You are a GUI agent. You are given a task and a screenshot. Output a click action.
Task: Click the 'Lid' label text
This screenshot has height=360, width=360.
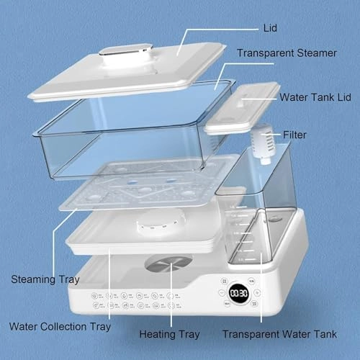click(270, 28)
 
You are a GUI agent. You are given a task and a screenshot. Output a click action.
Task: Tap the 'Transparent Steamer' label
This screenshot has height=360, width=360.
click(287, 53)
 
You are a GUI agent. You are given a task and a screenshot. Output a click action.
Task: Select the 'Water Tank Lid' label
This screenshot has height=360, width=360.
click(315, 97)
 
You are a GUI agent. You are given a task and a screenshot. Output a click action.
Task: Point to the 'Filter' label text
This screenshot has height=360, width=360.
click(294, 135)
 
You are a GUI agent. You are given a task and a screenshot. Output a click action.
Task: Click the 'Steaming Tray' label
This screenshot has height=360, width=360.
click(45, 279)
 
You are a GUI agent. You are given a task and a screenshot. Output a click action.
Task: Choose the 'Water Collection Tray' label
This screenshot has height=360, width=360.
click(60, 327)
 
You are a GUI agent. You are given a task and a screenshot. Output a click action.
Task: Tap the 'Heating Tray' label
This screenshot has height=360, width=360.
click(169, 334)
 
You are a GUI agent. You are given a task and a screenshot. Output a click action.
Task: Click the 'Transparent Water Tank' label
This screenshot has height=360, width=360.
click(279, 334)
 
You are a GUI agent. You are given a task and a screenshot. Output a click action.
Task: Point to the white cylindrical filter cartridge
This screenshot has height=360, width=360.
click(264, 144)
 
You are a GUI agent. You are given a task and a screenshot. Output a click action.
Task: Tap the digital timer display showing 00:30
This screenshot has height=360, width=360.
click(238, 293)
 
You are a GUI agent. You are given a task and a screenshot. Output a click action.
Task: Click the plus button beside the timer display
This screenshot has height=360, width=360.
click(257, 292)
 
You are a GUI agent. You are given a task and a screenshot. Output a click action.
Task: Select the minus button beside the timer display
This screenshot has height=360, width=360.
click(222, 293)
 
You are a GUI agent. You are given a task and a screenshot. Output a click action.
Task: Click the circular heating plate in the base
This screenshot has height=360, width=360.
click(168, 264)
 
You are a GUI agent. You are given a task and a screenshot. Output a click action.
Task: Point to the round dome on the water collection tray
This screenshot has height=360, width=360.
click(161, 222)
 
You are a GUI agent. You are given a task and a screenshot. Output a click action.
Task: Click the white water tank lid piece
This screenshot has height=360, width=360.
click(243, 108)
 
